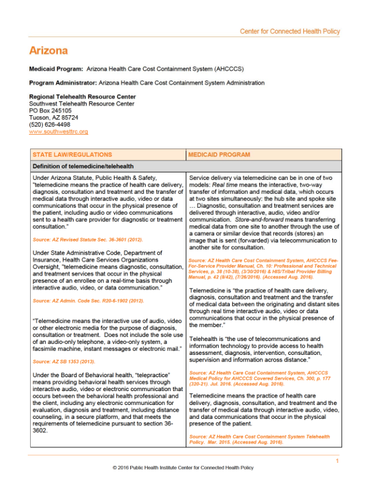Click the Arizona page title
pyautogui.click(x=48, y=51)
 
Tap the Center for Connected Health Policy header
pyautogui.click(x=289, y=31)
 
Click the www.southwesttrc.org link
pyautogui.click(x=58, y=132)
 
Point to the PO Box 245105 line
pyautogui.click(x=50, y=110)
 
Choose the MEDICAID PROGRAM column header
pyautogui.click(x=219, y=155)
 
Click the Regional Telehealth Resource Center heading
pyautogui.click(x=83, y=97)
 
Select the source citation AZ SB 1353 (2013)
pyautogui.click(x=61, y=362)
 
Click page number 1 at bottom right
pyautogui.click(x=338, y=461)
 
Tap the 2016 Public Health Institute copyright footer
pyautogui.click(x=184, y=468)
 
